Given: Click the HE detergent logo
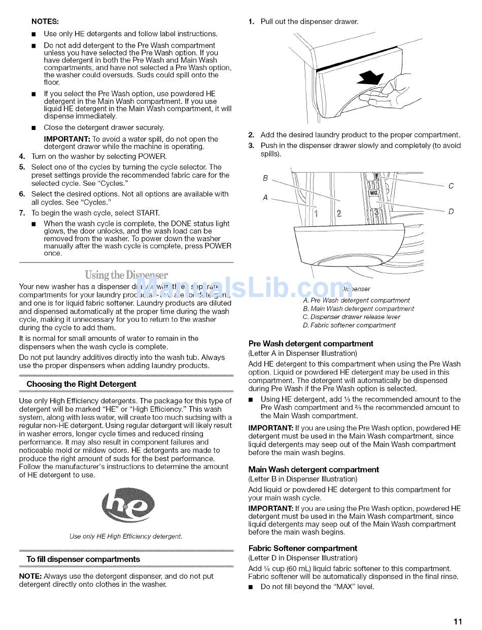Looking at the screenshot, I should [128, 506].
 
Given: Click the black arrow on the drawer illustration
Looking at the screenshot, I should [371, 78].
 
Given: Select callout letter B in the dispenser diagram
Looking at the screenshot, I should [265, 178].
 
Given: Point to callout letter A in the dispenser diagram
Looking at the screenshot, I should [265, 197].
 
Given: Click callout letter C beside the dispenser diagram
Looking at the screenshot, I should [451, 186].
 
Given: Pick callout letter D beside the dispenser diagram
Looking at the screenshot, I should [451, 211].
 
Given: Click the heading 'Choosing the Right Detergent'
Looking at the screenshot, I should [81, 384].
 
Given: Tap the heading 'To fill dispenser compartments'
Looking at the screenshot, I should [83, 559].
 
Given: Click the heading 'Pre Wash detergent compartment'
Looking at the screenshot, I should [311, 344].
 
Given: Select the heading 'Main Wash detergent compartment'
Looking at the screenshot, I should [314, 470].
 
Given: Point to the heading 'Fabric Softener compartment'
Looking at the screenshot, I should [302, 548].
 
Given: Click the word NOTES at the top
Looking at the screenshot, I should [45, 22].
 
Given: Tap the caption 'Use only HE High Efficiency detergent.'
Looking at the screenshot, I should [126, 536].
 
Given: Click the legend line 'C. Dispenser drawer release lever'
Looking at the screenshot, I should [352, 317].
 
